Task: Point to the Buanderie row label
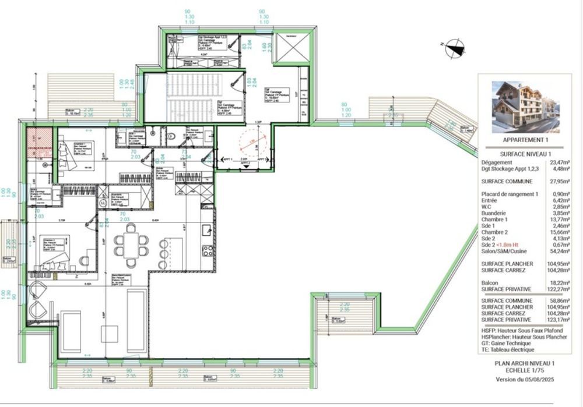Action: click(x=493, y=213)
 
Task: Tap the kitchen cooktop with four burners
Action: click(x=208, y=251)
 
